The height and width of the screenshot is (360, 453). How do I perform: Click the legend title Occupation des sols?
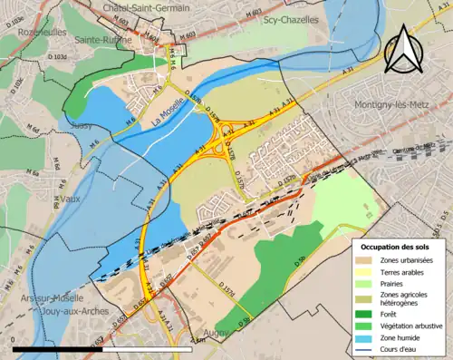[x=395, y=247]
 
